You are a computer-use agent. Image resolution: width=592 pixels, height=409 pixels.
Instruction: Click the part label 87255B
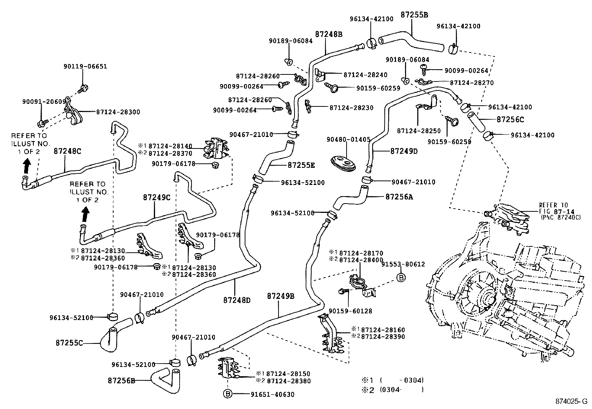pyautogui.click(x=414, y=15)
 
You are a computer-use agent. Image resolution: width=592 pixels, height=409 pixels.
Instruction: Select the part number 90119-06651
pyautogui.click(x=85, y=67)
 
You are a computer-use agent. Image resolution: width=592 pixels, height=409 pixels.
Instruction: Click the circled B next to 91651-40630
pyautogui.click(x=228, y=394)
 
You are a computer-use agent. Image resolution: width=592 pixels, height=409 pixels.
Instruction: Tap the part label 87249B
pyautogui.click(x=281, y=296)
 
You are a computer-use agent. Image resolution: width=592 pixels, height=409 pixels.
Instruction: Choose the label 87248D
pyautogui.click(x=237, y=299)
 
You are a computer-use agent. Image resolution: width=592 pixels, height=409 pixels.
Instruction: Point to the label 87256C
pyautogui.click(x=510, y=119)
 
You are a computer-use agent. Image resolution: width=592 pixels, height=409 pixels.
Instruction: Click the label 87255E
pyautogui.click(x=301, y=165)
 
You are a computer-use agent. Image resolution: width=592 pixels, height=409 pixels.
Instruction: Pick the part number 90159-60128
pyautogui.click(x=350, y=311)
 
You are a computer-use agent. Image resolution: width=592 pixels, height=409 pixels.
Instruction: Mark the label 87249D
pyautogui.click(x=404, y=151)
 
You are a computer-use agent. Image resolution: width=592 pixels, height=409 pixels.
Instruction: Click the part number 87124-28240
pyautogui.click(x=365, y=75)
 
